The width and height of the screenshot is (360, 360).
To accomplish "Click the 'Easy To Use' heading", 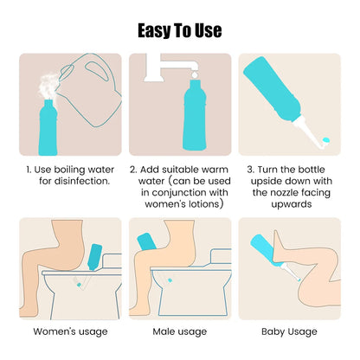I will (180, 31).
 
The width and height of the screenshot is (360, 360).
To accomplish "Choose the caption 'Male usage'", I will (179, 331).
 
